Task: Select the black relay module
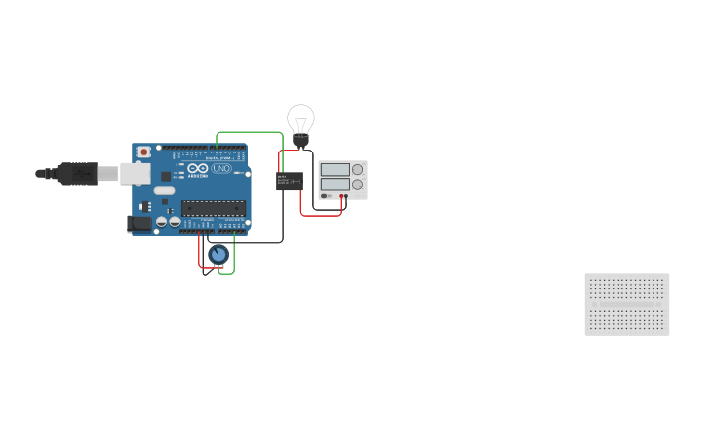click(x=288, y=181)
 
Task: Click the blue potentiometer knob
click(x=218, y=255)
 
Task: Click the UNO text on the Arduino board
click(x=220, y=169)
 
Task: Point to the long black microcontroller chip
click(x=212, y=206)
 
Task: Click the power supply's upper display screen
click(x=334, y=169)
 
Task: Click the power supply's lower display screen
click(x=334, y=183)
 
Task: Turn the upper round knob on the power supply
click(x=358, y=169)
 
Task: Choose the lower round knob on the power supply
click(x=358, y=184)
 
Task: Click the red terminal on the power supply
click(x=345, y=195)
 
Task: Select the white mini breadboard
click(x=626, y=304)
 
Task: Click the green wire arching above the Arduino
click(x=248, y=133)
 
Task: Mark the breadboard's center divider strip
click(x=626, y=304)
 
